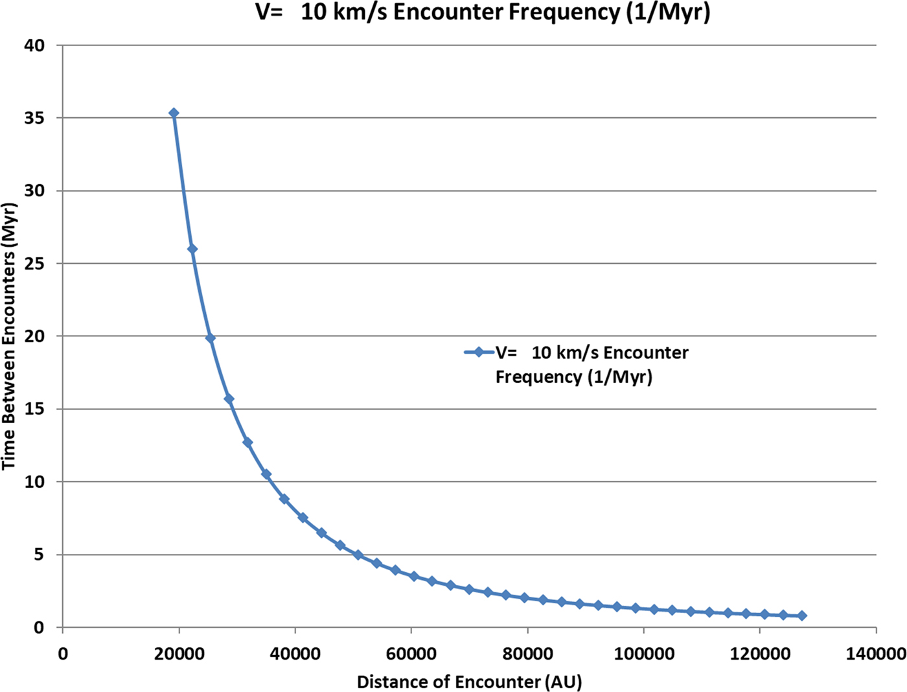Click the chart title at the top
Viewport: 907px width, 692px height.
click(x=483, y=12)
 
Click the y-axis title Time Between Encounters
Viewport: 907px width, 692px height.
click(x=9, y=336)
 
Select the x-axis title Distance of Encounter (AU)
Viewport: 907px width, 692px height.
click(x=469, y=682)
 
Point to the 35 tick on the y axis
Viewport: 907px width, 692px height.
click(x=35, y=118)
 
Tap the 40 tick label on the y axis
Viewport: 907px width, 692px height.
click(x=35, y=45)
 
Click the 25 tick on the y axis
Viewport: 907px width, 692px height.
click(x=35, y=264)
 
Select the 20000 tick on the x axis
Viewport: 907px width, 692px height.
click(x=179, y=654)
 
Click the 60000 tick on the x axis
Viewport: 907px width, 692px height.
click(x=411, y=654)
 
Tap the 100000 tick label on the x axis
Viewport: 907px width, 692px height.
click(x=644, y=654)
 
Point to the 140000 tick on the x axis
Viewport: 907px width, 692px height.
click(x=876, y=654)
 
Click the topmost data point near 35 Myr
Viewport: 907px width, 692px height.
click(x=174, y=113)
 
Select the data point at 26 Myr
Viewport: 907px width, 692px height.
click(x=192, y=249)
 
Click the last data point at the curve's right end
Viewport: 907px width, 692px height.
click(x=802, y=616)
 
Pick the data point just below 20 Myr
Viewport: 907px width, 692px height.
click(x=211, y=338)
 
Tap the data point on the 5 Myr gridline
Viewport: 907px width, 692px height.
click(x=358, y=555)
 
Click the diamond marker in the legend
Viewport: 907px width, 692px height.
click(x=479, y=352)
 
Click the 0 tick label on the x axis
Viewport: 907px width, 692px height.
click(x=63, y=654)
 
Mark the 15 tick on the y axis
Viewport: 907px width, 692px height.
click(x=35, y=409)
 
